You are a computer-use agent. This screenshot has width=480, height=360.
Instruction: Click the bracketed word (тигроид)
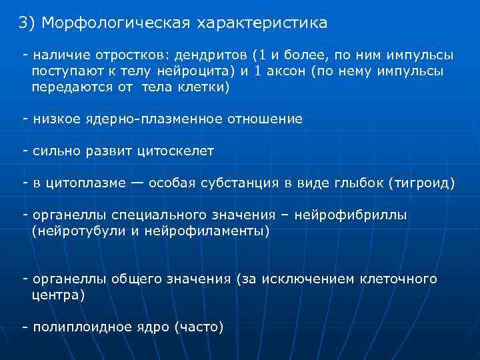coord(421,183)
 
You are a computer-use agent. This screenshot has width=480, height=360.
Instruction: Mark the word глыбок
coord(359,183)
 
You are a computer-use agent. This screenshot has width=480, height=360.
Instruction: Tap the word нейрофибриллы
coord(355,215)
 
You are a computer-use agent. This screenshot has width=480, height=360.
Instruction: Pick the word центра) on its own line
coord(59,295)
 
